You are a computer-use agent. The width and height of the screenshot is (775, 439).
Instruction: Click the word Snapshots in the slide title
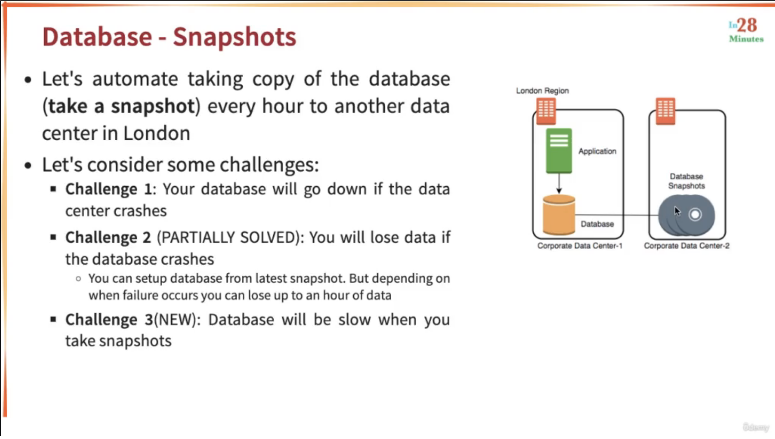(x=234, y=37)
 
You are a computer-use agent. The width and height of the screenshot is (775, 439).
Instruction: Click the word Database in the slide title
(x=97, y=37)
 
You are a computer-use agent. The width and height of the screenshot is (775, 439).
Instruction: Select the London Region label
(x=542, y=91)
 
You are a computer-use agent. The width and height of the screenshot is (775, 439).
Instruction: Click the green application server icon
(x=559, y=150)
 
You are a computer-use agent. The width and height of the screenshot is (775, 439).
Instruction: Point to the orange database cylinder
(x=559, y=215)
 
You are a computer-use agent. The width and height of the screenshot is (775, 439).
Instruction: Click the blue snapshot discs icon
(x=686, y=215)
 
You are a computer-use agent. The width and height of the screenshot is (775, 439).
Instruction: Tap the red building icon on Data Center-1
(x=546, y=111)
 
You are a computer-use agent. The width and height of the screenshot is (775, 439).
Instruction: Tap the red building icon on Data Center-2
(x=665, y=111)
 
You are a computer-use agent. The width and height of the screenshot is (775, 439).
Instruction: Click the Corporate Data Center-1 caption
(x=580, y=246)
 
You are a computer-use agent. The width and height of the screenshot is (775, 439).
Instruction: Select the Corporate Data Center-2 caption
(x=686, y=246)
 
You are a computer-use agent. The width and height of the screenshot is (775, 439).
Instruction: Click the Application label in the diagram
(x=597, y=151)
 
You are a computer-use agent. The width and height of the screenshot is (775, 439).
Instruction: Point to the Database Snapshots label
(x=686, y=181)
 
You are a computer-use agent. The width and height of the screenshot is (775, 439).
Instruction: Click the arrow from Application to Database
(x=559, y=184)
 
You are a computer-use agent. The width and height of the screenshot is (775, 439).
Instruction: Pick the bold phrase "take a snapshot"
(x=122, y=106)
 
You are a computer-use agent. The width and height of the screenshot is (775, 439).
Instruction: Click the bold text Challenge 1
(x=108, y=189)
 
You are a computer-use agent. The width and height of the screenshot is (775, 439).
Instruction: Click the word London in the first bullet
(x=156, y=133)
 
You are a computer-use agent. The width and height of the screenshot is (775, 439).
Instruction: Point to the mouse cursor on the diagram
(x=677, y=211)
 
